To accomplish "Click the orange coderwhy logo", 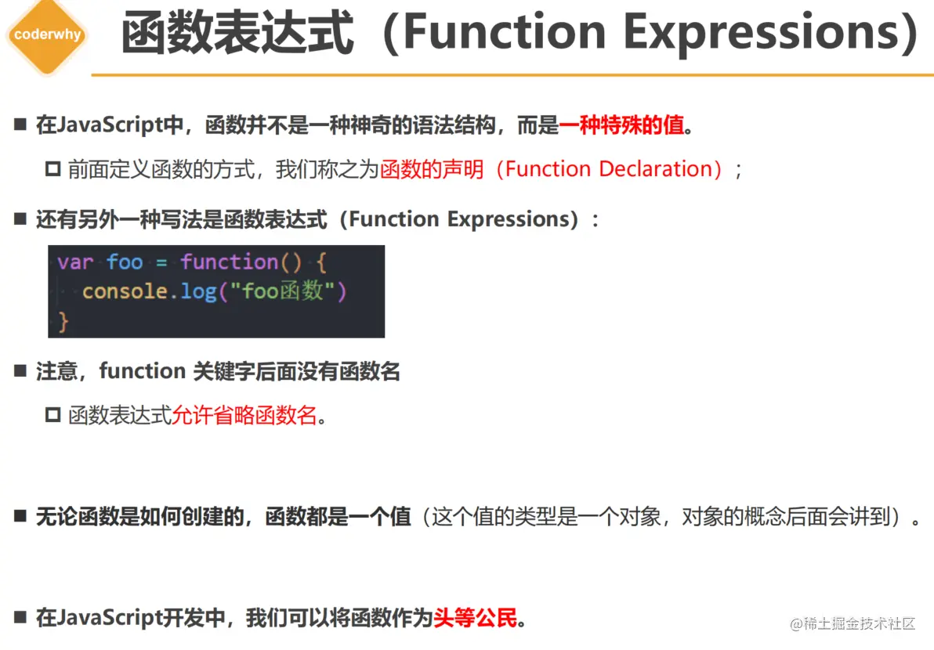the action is click(48, 36).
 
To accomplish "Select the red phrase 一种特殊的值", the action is click(621, 125).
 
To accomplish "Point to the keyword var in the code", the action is click(75, 262).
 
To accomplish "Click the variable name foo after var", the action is click(125, 262).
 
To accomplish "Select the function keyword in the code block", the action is click(230, 262).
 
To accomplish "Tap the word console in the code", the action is click(125, 291).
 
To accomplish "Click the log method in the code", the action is click(198, 292).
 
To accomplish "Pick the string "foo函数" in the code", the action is click(283, 291).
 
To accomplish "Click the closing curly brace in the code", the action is click(63, 322).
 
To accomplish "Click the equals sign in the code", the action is click(161, 262).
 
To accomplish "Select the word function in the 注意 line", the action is click(143, 371).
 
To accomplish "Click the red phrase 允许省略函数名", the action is click(244, 416).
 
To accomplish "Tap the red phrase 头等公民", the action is click(476, 618).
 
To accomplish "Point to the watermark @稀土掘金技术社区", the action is click(853, 623).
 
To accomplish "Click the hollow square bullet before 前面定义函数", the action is click(53, 169).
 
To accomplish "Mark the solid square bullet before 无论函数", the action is click(21, 515).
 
